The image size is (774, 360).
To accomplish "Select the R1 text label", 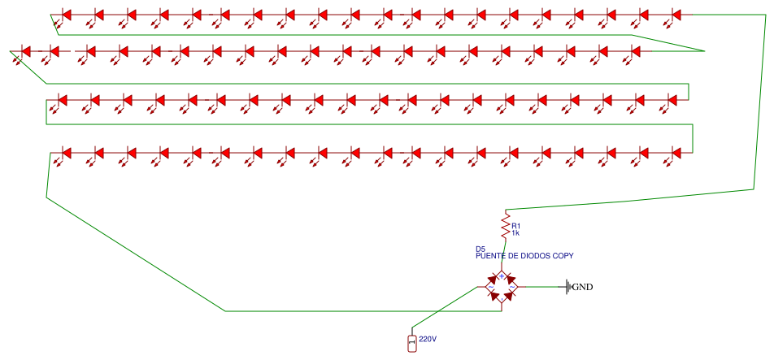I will [x=516, y=226].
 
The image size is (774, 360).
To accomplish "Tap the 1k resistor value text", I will [x=515, y=234].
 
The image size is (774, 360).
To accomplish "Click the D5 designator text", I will [x=480, y=249].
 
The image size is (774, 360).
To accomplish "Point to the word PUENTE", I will [x=490, y=256].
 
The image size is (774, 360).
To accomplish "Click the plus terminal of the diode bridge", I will [x=502, y=276].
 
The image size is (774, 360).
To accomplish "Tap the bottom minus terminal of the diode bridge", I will [x=502, y=298].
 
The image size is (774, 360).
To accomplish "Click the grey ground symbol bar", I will [x=567, y=287].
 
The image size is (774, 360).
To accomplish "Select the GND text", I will [x=582, y=287].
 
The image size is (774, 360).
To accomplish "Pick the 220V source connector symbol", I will [x=411, y=344].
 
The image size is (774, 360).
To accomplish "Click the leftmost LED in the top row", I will [x=67, y=15].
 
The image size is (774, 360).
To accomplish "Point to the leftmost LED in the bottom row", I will [x=67, y=153].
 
